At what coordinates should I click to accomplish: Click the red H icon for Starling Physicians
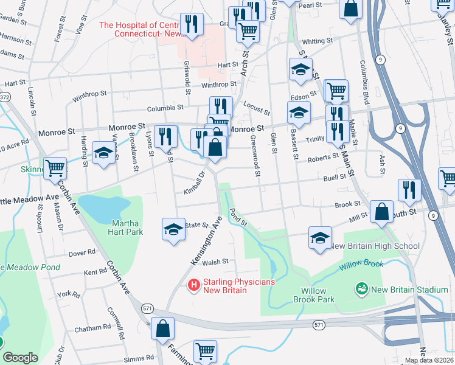(x=194, y=284)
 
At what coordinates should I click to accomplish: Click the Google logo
(x=20, y=358)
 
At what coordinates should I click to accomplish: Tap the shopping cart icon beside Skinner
(x=55, y=167)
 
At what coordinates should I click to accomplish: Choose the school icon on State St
(x=173, y=229)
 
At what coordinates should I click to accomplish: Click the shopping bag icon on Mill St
(x=381, y=212)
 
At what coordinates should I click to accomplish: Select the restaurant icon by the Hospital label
(x=192, y=24)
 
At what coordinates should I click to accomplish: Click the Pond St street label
(x=238, y=217)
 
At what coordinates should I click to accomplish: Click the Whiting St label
(x=318, y=41)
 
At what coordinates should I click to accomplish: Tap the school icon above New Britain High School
(x=320, y=237)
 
